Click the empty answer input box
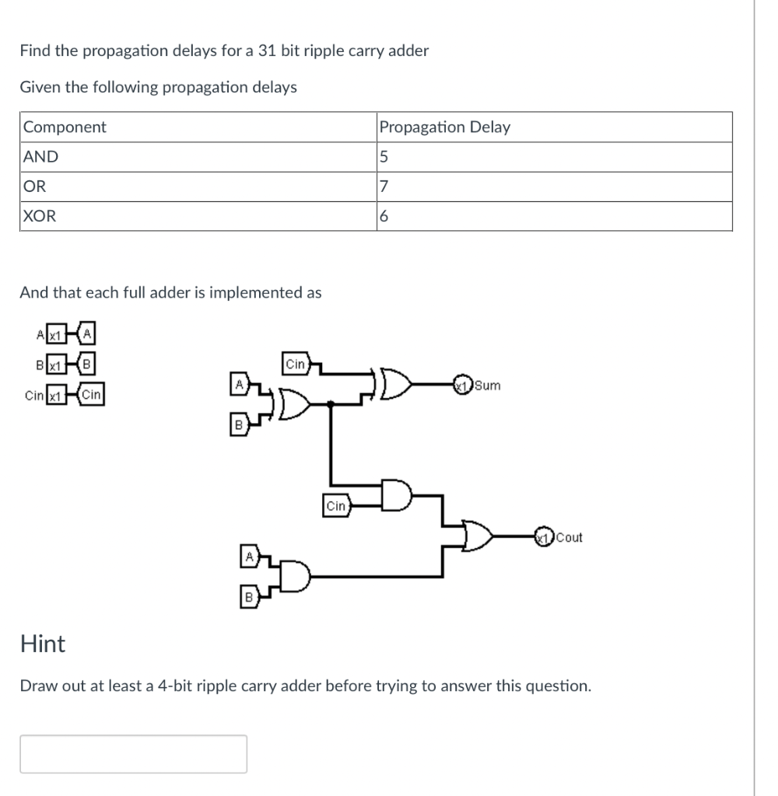coord(133,753)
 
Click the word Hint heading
coord(43,644)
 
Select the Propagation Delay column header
coord(444,127)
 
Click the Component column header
coord(65,127)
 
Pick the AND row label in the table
coord(41,156)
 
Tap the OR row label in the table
coord(35,187)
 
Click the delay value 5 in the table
coord(383,157)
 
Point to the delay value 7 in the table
coord(382,187)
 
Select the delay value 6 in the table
coord(383,217)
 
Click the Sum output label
coord(487,385)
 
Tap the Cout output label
coord(569,537)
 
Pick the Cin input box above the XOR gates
coord(296,364)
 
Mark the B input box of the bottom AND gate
coord(248,597)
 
